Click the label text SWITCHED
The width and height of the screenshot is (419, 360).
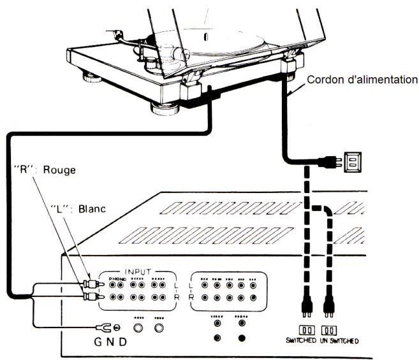[x=300, y=341]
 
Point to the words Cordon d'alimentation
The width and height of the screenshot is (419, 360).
[x=362, y=80]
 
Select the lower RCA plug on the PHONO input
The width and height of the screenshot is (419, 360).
[x=89, y=296]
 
